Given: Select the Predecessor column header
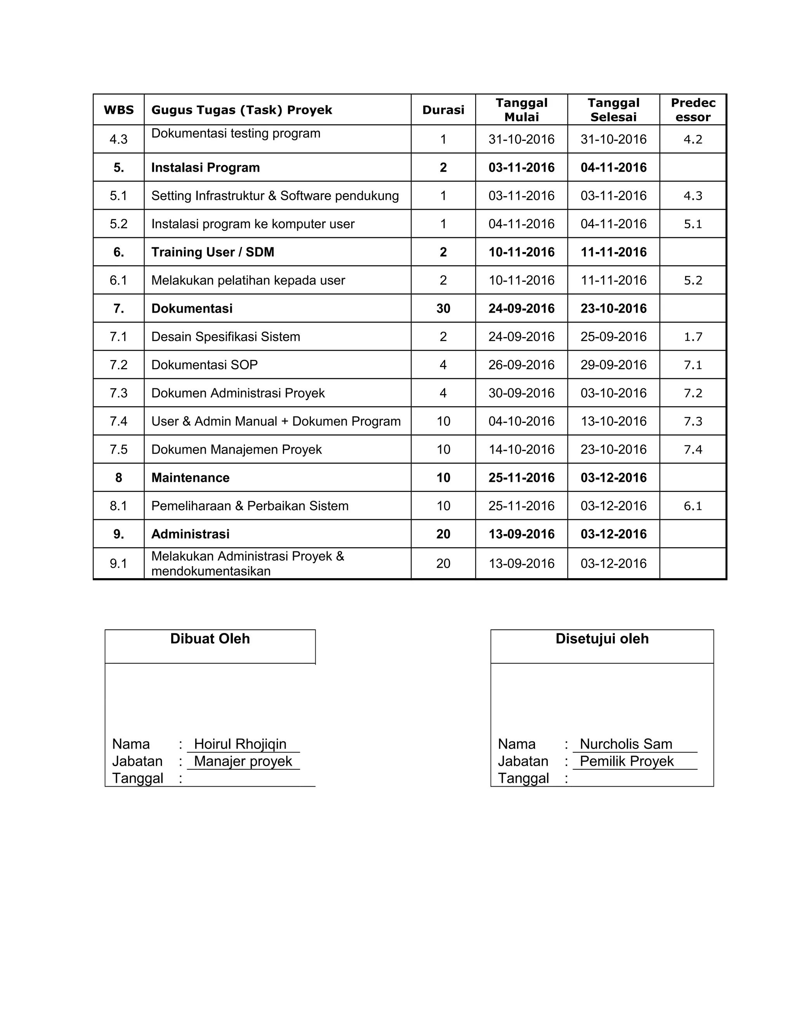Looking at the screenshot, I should (693, 110).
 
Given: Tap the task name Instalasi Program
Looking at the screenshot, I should (205, 167).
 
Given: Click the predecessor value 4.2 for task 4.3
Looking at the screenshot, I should (693, 139).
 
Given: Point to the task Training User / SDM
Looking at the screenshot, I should (212, 252).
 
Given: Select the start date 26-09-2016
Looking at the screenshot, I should (521, 365).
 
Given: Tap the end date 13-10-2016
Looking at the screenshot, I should (613, 421).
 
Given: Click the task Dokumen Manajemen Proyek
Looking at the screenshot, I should (236, 450).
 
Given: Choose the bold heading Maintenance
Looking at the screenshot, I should (190, 478).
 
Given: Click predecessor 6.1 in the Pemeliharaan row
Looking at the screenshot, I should (693, 506).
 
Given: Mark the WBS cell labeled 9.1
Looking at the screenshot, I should (119, 563).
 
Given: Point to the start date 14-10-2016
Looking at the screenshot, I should (521, 450).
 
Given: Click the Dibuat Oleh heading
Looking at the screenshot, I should (210, 638).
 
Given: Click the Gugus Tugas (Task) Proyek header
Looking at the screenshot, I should (241, 110).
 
